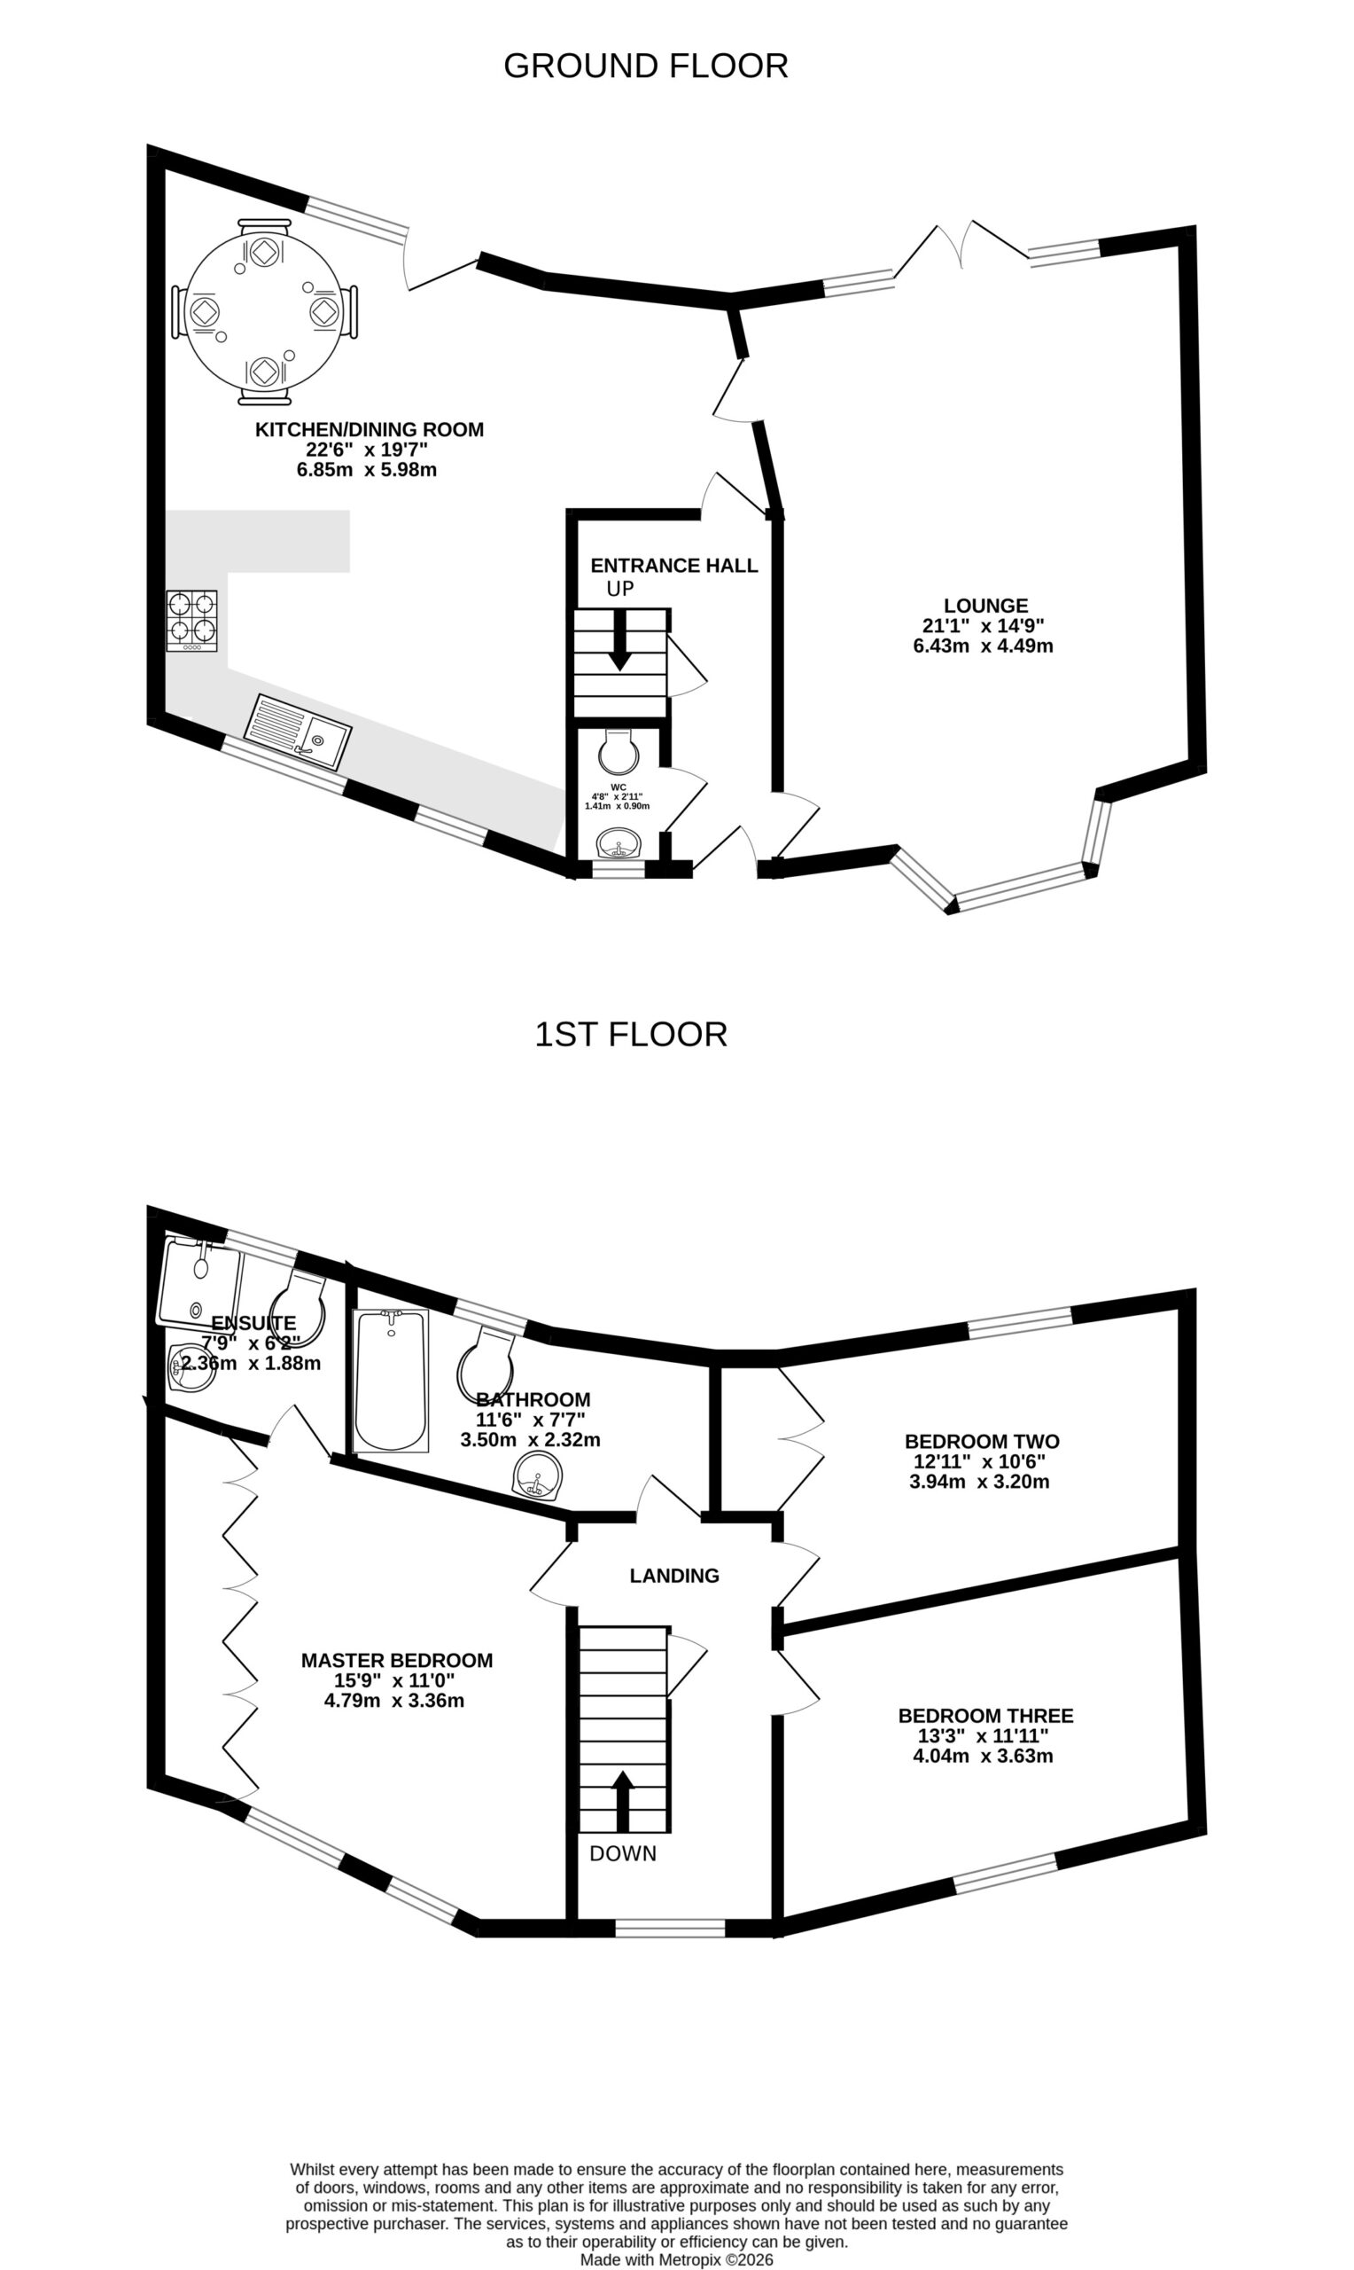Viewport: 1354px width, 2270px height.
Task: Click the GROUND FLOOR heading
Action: coord(645,66)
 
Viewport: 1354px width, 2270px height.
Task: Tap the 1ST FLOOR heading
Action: coord(630,1034)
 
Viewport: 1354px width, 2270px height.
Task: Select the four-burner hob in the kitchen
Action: coord(191,621)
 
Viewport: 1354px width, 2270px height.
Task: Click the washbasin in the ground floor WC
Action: coord(620,842)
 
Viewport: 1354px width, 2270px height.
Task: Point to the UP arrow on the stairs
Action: coord(619,640)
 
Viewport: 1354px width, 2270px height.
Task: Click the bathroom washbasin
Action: coord(537,1475)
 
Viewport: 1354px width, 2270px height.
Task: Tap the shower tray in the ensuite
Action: coord(199,1282)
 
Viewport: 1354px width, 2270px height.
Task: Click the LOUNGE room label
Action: coord(985,605)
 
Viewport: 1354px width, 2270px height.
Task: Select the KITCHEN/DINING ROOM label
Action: coord(370,429)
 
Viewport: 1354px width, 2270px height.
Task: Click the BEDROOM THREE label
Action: coord(985,1716)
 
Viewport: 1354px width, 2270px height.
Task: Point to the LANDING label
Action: coord(674,1576)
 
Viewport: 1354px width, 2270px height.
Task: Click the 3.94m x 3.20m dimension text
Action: coord(979,1482)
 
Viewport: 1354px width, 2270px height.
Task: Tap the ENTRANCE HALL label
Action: coord(674,565)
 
